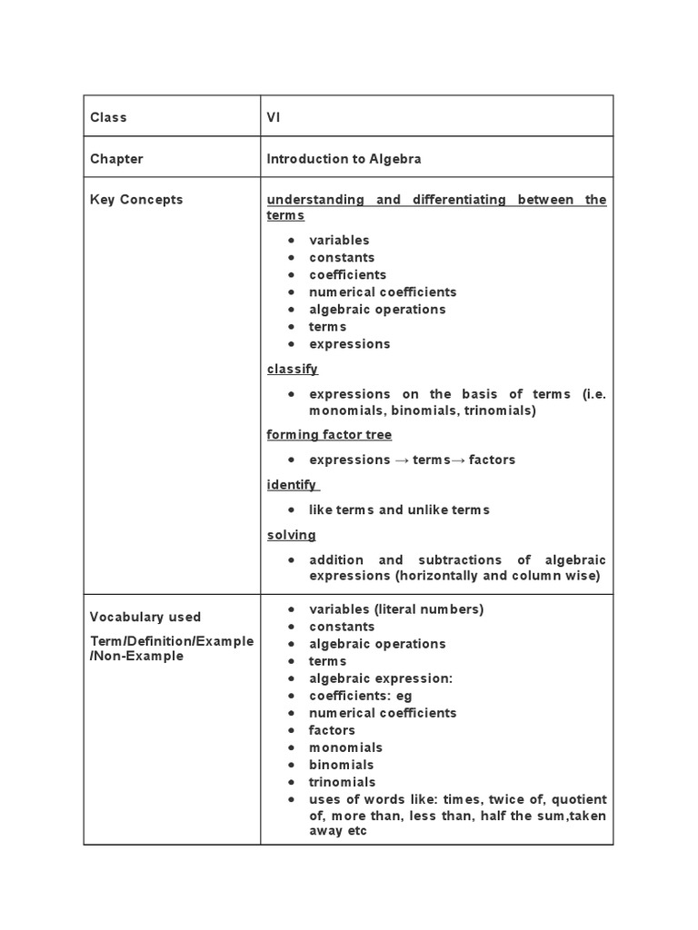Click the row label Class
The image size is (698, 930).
click(108, 117)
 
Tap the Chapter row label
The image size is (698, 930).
click(116, 159)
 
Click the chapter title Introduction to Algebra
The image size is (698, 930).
click(344, 159)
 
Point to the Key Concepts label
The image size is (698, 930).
click(136, 200)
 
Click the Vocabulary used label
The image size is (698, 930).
click(145, 617)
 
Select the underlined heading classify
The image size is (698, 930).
click(293, 369)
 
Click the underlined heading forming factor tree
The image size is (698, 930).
click(329, 435)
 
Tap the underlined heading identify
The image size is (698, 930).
click(292, 485)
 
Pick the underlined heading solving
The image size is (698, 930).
click(292, 535)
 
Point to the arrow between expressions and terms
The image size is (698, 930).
click(403, 460)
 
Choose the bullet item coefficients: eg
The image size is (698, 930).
click(360, 697)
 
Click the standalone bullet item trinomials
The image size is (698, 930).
click(342, 782)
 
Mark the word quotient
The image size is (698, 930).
click(579, 799)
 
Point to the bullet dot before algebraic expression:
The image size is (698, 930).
click(291, 679)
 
